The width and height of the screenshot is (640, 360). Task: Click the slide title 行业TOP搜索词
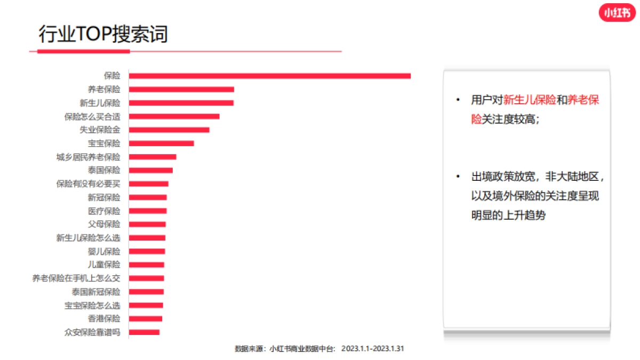103,35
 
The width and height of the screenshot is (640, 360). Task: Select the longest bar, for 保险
269,76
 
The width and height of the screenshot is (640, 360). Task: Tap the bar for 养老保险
181,89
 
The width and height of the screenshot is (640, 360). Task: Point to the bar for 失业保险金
169,130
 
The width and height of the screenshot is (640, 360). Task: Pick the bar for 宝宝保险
161,143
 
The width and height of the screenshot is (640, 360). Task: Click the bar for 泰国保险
151,170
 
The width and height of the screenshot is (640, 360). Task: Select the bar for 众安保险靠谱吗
144,332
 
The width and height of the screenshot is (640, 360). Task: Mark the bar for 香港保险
146,318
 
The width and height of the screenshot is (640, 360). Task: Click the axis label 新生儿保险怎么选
89,238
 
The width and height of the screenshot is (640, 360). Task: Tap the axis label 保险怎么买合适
92,116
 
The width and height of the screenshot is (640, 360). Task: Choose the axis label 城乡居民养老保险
89,157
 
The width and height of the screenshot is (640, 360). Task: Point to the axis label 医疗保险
104,211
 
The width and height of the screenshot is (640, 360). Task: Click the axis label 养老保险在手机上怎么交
76,278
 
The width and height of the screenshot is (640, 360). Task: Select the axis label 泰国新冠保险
96,292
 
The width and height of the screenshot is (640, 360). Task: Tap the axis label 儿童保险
104,265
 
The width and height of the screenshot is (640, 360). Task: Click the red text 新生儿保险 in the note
530,100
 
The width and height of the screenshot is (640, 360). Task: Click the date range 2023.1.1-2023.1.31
373,348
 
